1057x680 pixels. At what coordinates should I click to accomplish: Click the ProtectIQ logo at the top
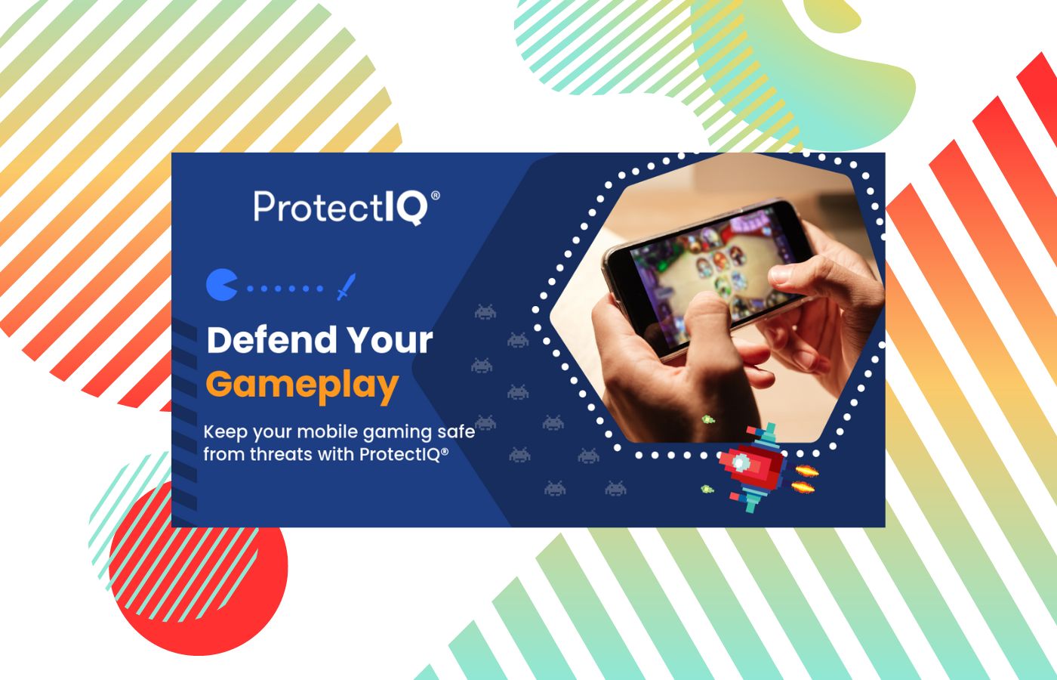pos(347,207)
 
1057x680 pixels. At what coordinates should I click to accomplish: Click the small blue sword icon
pos(346,286)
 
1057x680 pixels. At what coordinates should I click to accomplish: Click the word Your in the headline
pos(390,339)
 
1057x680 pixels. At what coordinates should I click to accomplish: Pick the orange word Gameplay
pos(302,386)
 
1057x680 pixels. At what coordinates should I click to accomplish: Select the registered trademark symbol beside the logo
pos(436,195)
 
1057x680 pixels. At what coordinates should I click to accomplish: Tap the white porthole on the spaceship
pos(739,462)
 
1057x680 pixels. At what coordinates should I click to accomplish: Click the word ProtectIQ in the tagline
pos(404,454)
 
